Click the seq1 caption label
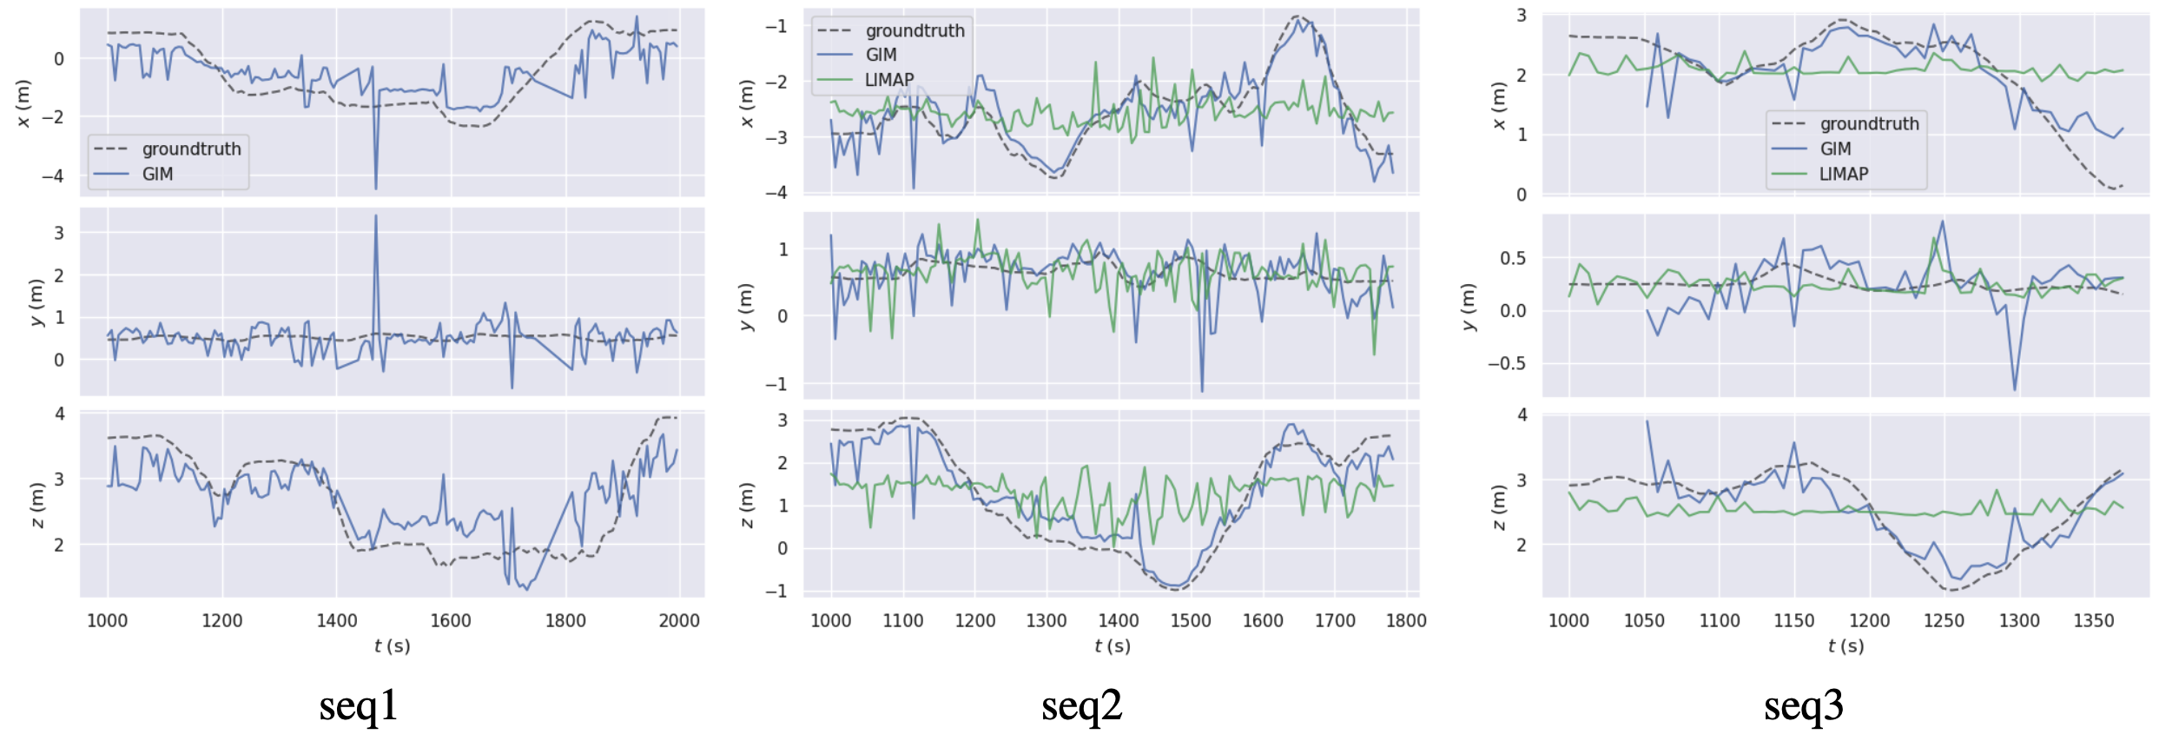pos(358,705)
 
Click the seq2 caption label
pos(1081,705)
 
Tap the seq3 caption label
pos(1803,705)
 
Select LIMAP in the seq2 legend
pos(889,80)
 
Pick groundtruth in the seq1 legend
pos(191,149)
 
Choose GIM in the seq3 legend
pos(1835,149)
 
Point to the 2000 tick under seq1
pos(679,620)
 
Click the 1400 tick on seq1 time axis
pos(336,620)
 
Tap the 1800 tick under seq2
pos(1406,620)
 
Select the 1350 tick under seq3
pos(2093,620)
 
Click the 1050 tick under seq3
pos(1644,620)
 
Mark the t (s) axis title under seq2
pos(1112,645)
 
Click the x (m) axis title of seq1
pos(23,103)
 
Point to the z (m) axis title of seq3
pos(1497,506)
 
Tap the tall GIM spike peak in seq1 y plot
pos(376,215)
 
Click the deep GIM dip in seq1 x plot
pos(376,188)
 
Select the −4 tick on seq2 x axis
pos(776,192)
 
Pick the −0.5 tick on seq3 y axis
pos(1506,363)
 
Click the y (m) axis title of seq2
pos(746,307)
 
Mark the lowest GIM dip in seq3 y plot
pos(2015,389)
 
